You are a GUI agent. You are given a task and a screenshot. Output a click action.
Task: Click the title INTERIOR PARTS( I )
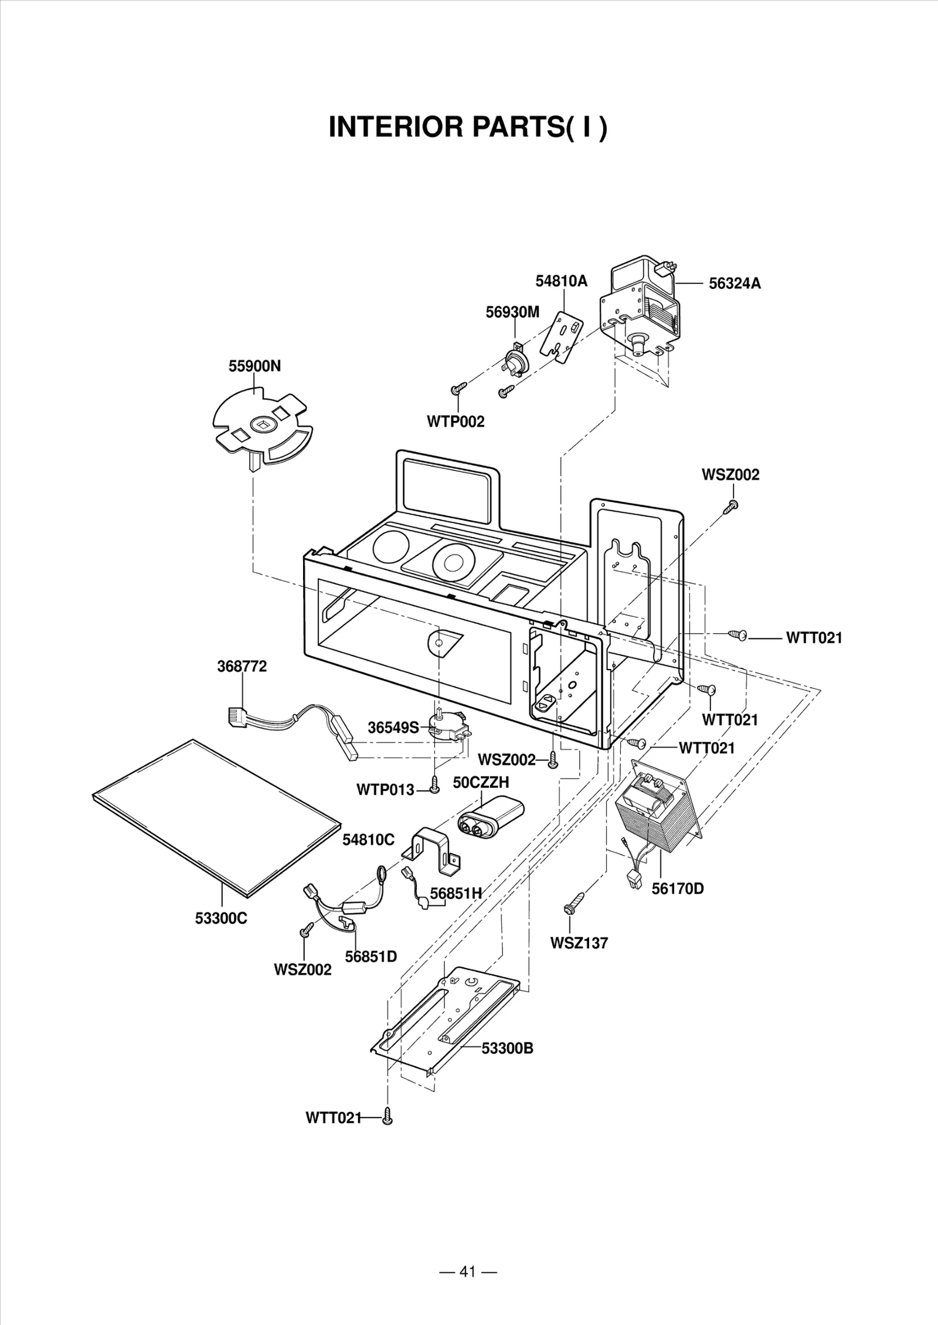click(468, 127)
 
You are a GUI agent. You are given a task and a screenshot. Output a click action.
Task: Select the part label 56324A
click(735, 284)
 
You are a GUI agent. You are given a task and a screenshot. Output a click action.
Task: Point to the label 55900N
click(254, 366)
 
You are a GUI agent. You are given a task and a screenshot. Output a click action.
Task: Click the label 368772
click(242, 667)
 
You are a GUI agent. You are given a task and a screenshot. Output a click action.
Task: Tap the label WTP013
click(385, 790)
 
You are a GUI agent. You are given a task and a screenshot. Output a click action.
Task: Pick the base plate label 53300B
click(507, 1048)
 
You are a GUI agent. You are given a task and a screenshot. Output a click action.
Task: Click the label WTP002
click(456, 422)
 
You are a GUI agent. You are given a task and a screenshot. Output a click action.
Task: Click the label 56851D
click(371, 957)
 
